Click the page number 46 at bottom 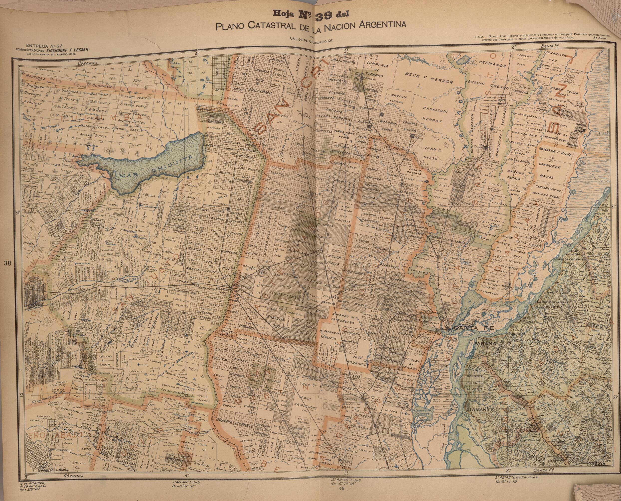click(342, 496)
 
